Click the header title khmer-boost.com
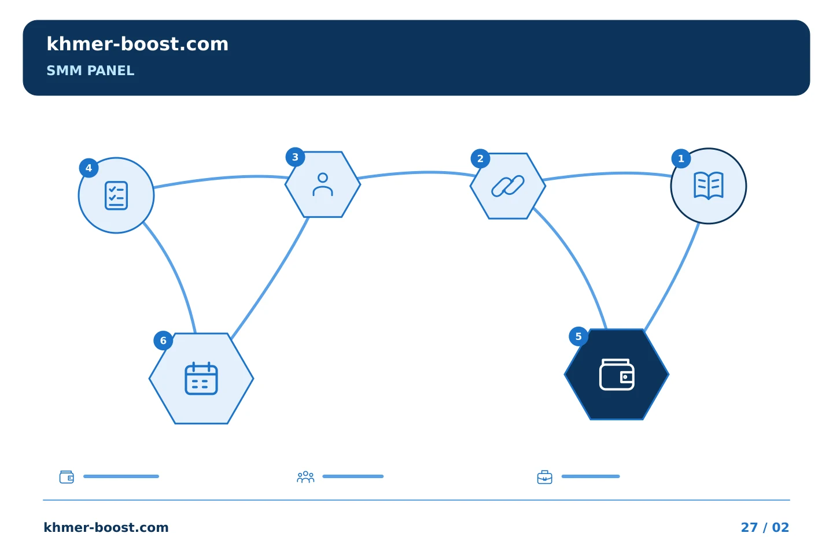pyautogui.click(x=137, y=44)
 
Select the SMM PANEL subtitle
pyautogui.click(x=90, y=71)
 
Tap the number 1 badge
pyautogui.click(x=681, y=159)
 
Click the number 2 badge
pyautogui.click(x=480, y=159)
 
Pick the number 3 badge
pyautogui.click(x=295, y=157)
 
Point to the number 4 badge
pyautogui.click(x=89, y=168)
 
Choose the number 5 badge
pyautogui.click(x=578, y=336)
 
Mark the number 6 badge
pyautogui.click(x=163, y=341)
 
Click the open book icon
pyautogui.click(x=709, y=186)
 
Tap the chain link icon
pyautogui.click(x=508, y=186)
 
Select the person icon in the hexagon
pyautogui.click(x=323, y=184)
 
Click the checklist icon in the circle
pyautogui.click(x=116, y=195)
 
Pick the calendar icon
pyautogui.click(x=201, y=378)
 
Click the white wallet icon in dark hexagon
pyautogui.click(x=617, y=375)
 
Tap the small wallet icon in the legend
pyautogui.click(x=67, y=477)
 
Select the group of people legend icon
pyautogui.click(x=305, y=477)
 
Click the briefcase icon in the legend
pyautogui.click(x=544, y=477)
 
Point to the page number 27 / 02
pyautogui.click(x=765, y=527)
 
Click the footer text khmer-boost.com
pyautogui.click(x=106, y=527)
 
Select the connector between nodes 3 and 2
pyautogui.click(x=417, y=172)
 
